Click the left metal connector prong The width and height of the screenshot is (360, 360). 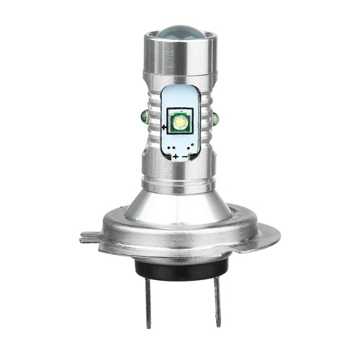coord(152,299)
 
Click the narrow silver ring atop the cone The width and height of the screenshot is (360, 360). coord(179,170)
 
